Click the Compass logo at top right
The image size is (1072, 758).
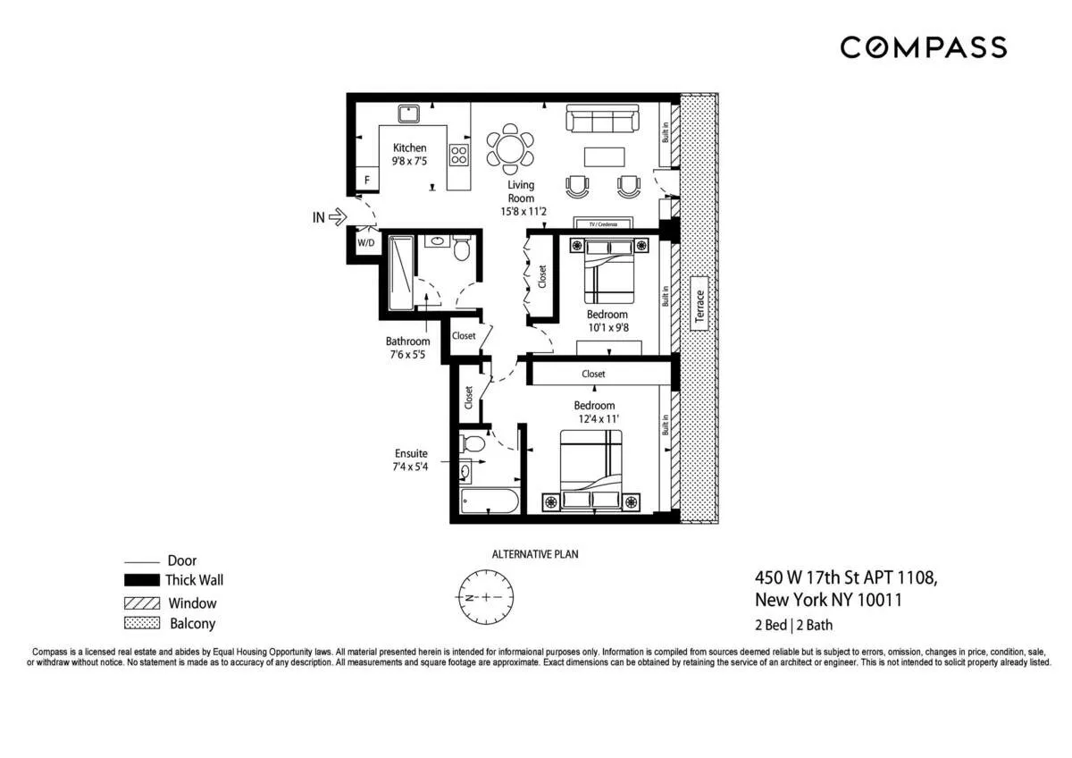tap(923, 47)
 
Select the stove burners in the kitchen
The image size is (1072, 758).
tap(458, 154)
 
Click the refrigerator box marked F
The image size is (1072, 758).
tap(366, 180)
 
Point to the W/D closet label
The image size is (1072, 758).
tap(366, 242)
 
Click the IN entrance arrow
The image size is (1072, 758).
tap(337, 215)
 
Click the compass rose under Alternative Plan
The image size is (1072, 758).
tap(484, 596)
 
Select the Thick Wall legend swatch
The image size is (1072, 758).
tap(141, 581)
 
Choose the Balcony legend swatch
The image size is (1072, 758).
tap(141, 623)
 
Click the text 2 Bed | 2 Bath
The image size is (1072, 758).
tap(794, 626)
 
